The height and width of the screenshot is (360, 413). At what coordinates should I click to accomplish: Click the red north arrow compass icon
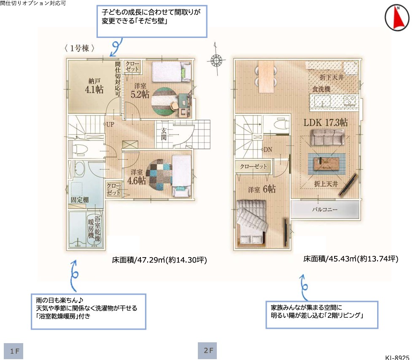click(x=397, y=17)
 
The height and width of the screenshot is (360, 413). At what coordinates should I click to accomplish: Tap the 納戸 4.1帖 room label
click(x=94, y=86)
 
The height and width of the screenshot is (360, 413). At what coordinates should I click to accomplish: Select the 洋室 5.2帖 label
click(x=140, y=91)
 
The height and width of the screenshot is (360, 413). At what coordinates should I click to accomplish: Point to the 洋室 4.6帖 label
click(x=136, y=177)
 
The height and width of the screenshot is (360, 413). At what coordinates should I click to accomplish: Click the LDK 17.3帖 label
click(x=326, y=122)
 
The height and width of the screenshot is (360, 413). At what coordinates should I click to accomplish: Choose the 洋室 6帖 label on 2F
click(x=262, y=189)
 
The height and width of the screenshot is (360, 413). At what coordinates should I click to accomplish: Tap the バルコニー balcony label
click(x=324, y=210)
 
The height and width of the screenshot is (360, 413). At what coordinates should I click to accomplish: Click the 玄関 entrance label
click(x=164, y=134)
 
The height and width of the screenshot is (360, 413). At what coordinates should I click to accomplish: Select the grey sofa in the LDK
click(x=327, y=137)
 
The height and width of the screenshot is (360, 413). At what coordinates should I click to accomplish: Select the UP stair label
click(x=110, y=124)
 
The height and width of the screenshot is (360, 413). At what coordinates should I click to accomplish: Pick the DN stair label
click(x=268, y=150)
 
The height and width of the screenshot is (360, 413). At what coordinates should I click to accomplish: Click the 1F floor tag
click(x=13, y=351)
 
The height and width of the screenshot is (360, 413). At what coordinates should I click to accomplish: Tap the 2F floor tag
click(x=207, y=351)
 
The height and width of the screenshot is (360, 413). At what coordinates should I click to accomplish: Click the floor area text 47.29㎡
click(x=159, y=260)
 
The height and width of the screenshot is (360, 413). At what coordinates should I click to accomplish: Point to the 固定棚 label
click(x=80, y=200)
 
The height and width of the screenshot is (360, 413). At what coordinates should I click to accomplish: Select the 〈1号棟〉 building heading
click(x=79, y=48)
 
